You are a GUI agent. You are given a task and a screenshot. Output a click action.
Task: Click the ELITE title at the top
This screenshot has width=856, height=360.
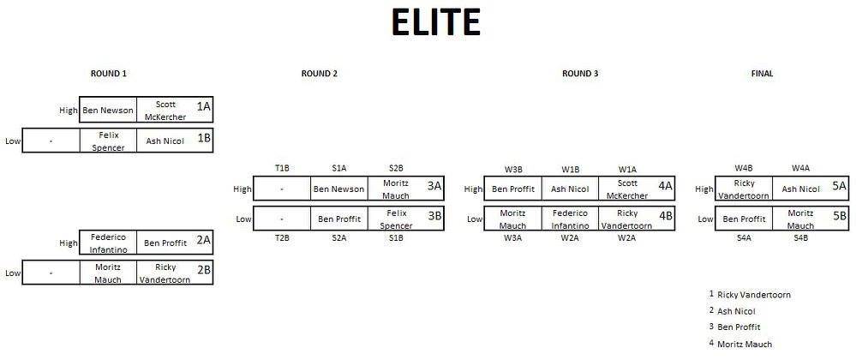point(436,23)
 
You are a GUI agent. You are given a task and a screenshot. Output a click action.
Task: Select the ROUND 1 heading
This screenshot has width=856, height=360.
point(109,73)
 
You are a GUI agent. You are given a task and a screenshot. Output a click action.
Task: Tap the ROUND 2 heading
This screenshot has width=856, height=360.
point(320,73)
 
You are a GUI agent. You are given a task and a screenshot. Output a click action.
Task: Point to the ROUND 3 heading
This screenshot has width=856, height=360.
point(580,73)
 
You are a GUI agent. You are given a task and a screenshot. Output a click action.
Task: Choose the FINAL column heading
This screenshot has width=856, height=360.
point(762,73)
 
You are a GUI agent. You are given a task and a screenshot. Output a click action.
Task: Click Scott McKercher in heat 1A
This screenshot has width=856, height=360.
point(165,111)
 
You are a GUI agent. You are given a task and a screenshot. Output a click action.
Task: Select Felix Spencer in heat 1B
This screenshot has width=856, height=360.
point(108,141)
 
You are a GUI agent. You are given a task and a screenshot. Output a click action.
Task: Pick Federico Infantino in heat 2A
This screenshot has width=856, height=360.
point(108,243)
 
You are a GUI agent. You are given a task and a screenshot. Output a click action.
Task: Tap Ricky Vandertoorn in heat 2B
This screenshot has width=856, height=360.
point(165,273)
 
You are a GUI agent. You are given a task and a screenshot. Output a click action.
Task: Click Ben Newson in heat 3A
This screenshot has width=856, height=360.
point(338,189)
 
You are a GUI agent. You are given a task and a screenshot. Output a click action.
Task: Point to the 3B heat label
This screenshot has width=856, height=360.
point(434,216)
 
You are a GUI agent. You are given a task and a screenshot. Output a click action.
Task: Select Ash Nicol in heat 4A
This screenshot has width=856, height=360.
point(570,189)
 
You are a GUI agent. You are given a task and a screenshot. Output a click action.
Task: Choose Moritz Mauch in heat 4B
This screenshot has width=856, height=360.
point(512,219)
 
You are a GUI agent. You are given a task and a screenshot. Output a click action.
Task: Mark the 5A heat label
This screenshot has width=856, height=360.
point(840,186)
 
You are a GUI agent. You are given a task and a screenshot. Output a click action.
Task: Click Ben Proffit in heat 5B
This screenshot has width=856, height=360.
point(744,219)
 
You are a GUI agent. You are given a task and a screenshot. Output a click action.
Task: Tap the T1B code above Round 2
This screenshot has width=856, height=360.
point(282,169)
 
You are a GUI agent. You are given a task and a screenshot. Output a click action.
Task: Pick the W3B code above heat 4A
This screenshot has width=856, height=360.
point(513,170)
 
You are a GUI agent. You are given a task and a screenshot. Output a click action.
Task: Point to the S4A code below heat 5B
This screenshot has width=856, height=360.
point(744,238)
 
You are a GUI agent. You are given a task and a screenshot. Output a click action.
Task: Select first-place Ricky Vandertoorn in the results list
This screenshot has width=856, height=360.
point(754,295)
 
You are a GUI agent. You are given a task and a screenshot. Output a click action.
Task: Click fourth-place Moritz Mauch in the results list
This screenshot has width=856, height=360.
point(745,345)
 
